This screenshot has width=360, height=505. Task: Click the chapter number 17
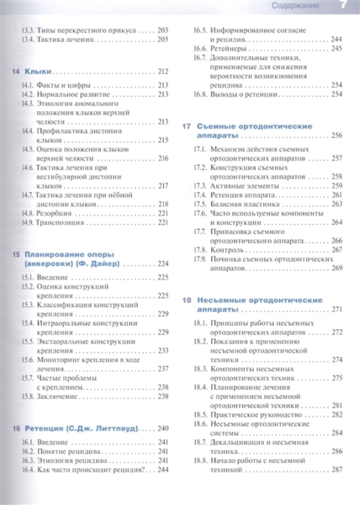pyautogui.click(x=187, y=125)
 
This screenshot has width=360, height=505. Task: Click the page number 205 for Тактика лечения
pyautogui.click(x=164, y=39)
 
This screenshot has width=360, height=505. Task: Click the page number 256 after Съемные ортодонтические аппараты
pyautogui.click(x=336, y=136)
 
